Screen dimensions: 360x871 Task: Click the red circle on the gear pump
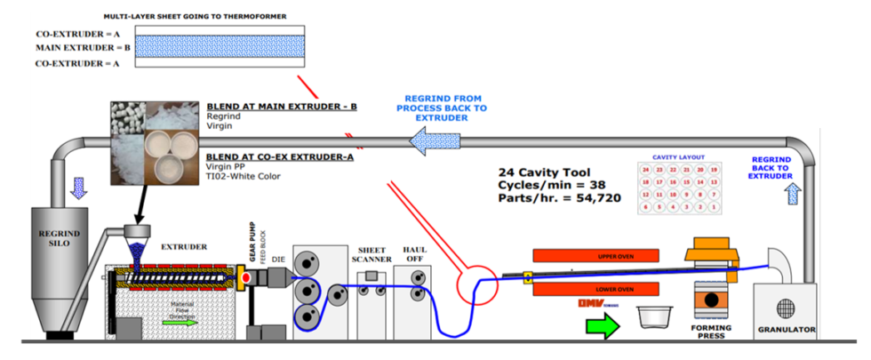244,280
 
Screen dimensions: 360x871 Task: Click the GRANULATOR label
786,330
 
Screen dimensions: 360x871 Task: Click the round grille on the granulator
785,307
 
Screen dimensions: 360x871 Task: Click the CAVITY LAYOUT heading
677,156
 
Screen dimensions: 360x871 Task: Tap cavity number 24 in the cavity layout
646,169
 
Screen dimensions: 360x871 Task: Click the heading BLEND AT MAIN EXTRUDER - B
282,107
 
